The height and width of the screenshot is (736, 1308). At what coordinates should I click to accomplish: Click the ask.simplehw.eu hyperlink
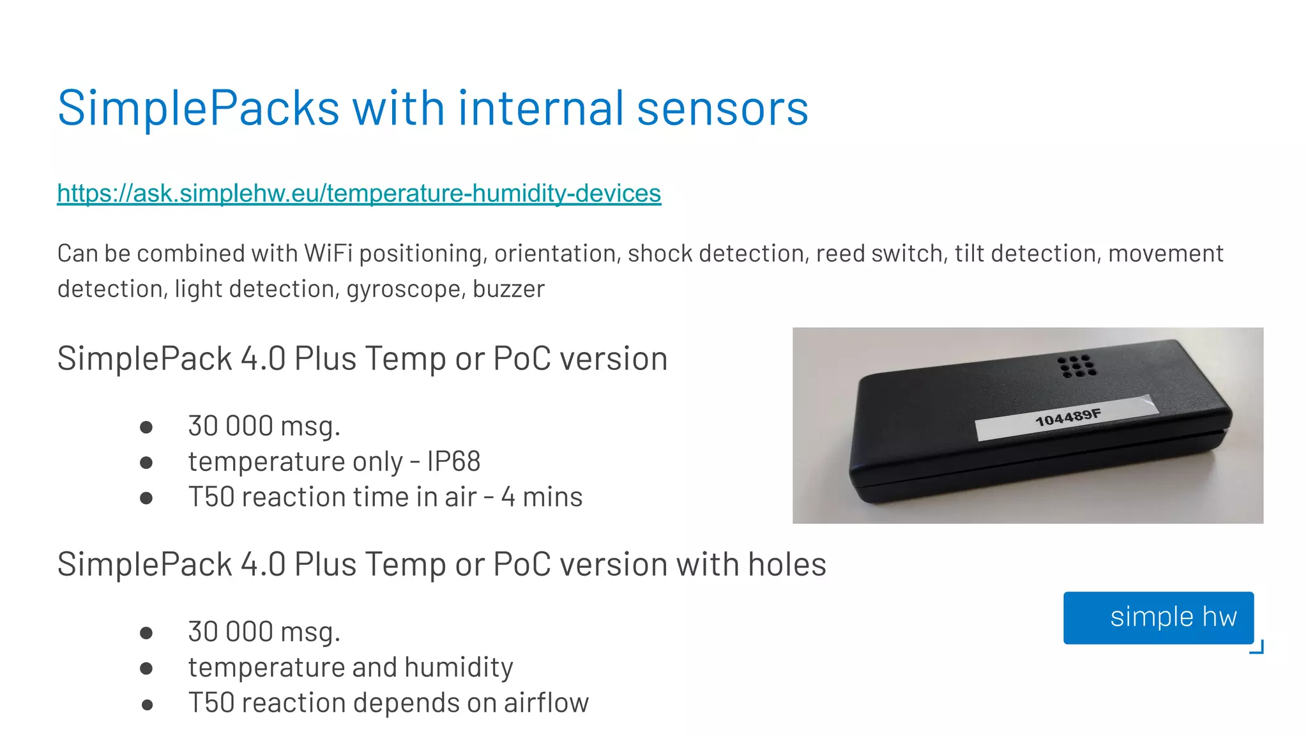point(359,193)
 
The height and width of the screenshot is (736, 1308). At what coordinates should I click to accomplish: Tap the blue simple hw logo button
point(1158,618)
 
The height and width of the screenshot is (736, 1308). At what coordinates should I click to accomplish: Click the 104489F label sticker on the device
point(1067,418)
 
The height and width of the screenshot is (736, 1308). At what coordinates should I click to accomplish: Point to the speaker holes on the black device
point(1076,366)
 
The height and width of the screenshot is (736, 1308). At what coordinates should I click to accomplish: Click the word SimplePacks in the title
point(198,108)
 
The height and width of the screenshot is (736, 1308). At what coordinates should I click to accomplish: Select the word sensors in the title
point(722,108)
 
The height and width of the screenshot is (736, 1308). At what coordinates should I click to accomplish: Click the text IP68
point(453,461)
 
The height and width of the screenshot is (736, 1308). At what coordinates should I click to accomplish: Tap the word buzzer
point(508,289)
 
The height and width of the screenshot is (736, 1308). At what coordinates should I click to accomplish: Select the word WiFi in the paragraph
point(328,254)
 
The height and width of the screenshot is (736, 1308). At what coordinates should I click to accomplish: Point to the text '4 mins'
point(542,497)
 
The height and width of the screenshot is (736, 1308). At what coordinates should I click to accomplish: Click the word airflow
point(546,703)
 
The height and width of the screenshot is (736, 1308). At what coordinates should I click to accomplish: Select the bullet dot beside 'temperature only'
point(146,463)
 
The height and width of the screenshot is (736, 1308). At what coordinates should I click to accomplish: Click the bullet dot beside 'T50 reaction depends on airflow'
point(147,705)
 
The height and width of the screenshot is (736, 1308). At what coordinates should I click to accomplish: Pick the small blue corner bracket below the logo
point(1257,647)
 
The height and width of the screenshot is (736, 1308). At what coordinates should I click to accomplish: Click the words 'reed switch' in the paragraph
point(881,254)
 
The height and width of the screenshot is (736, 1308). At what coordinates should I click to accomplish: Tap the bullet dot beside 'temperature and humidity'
point(146,668)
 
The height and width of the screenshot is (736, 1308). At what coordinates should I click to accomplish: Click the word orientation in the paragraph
point(555,254)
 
